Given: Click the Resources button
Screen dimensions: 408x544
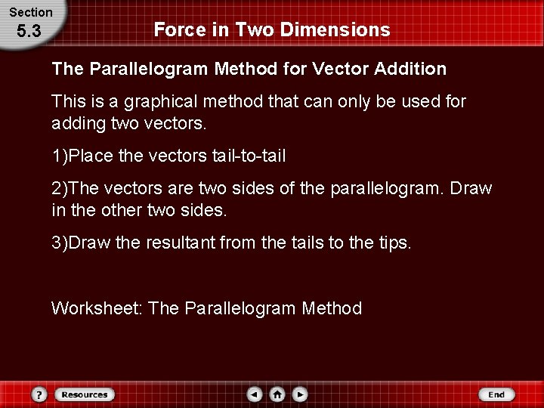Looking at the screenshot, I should point(84,394).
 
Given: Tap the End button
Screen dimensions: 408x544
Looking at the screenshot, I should point(496,394).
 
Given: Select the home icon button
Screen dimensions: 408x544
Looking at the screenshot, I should point(277,394).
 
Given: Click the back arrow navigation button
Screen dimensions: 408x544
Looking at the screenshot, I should point(255,394).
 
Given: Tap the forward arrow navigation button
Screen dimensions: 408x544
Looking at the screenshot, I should point(300,394).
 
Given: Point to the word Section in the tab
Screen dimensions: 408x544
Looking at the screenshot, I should point(30,12).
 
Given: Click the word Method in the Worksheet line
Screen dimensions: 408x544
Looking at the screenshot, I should point(332,308).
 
